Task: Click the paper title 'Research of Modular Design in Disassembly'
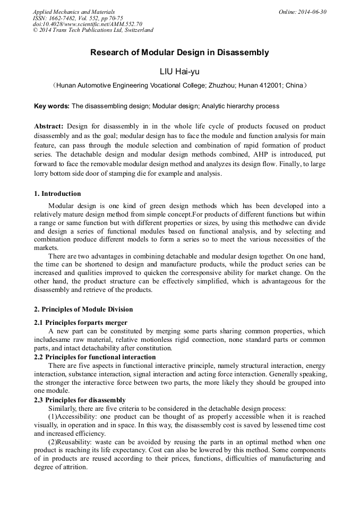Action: pyautogui.click(x=179, y=53)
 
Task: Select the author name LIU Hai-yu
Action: pyautogui.click(x=179, y=71)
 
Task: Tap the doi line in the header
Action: pyautogui.click(x=87, y=24)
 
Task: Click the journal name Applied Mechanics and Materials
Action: pyautogui.click(x=74, y=12)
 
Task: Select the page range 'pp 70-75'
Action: pyautogui.click(x=110, y=18)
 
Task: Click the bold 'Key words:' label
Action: pyautogui.click(x=52, y=106)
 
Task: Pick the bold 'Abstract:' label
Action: pyautogui.click(x=49, y=126)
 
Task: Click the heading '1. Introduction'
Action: pyautogui.click(x=57, y=194)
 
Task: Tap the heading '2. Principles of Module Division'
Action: pyautogui.click(x=83, y=309)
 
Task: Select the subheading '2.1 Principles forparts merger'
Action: pyautogui.click(x=81, y=323)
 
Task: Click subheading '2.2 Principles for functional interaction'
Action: pyautogui.click(x=95, y=357)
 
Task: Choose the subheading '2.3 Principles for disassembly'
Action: pyautogui.click(x=80, y=400)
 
